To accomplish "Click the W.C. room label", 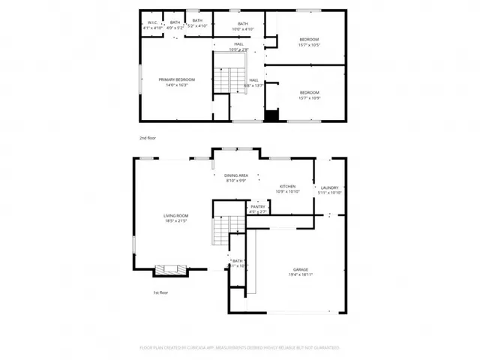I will pyautogui.click(x=151, y=22).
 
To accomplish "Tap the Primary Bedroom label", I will pyautogui.click(x=176, y=79).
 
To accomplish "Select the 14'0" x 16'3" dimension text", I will pyautogui.click(x=176, y=85).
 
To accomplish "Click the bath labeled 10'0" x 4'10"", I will pyautogui.click(x=242, y=24).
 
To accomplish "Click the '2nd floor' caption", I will pyautogui.click(x=147, y=139).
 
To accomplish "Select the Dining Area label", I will pyautogui.click(x=237, y=175).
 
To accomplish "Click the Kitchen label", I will pyautogui.click(x=288, y=187).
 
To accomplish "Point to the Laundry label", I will pyautogui.click(x=330, y=187).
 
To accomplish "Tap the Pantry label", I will pyautogui.click(x=258, y=208).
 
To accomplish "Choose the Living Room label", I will pyautogui.click(x=175, y=216).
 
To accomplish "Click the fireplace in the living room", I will pyautogui.click(x=166, y=270).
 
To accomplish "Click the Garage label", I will pyautogui.click(x=301, y=269).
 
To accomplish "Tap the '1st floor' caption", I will pyautogui.click(x=160, y=292).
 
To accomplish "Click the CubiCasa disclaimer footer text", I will pyautogui.click(x=240, y=347).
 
